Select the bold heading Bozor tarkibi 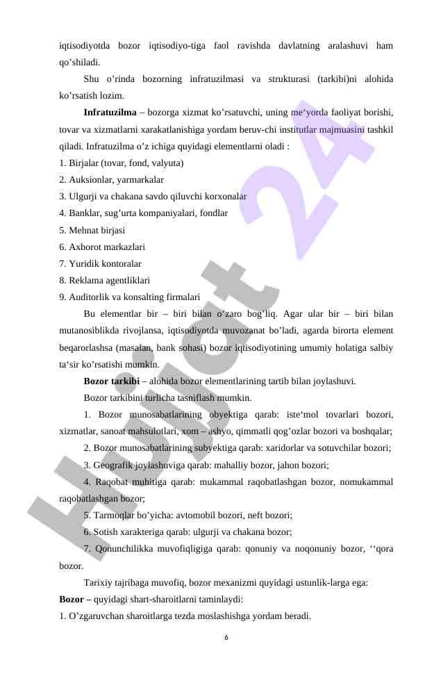[x=111, y=381]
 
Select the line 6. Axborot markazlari [x=102, y=247]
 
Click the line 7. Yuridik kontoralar [x=100, y=263]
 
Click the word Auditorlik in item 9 [x=89, y=297]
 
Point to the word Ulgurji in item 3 [x=82, y=197]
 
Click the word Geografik [x=114, y=465]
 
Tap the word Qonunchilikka [x=126, y=549]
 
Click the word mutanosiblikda [x=91, y=331]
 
